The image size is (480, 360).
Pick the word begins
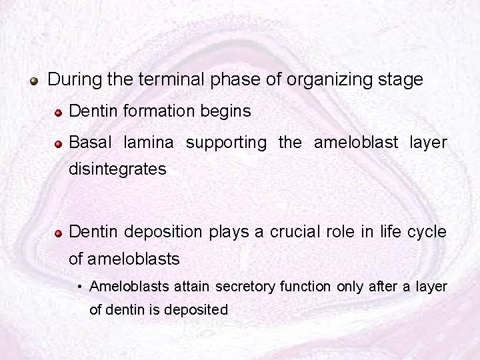(227, 111)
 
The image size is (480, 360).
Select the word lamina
(149, 142)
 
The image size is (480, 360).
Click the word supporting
(226, 143)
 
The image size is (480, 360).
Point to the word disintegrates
(117, 169)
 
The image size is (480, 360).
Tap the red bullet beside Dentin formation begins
(59, 112)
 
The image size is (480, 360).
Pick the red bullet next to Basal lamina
(59, 143)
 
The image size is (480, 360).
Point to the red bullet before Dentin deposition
(59, 233)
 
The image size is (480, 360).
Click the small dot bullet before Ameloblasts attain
(79, 288)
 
